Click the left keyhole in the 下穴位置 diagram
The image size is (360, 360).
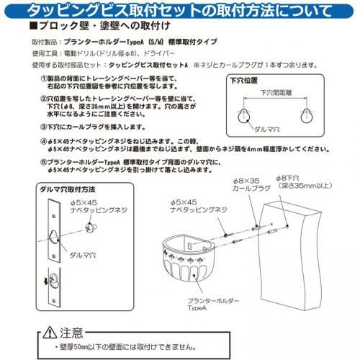click(x=244, y=117)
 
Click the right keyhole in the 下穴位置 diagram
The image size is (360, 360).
click(x=307, y=116)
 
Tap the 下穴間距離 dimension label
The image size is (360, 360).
click(x=276, y=92)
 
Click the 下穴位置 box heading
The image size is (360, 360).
click(x=244, y=81)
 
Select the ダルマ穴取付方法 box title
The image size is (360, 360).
click(x=68, y=189)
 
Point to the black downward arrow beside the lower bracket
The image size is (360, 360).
click(x=46, y=282)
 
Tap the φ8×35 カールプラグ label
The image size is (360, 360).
click(x=251, y=184)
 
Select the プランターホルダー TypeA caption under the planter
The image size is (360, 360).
click(x=213, y=305)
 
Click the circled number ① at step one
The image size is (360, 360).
click(x=44, y=78)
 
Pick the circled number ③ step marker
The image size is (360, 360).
click(x=44, y=127)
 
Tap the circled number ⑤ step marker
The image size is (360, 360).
click(x=44, y=163)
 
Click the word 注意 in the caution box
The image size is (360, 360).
click(x=71, y=333)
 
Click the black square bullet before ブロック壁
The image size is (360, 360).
click(x=32, y=26)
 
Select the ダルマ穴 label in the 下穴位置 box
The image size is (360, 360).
click(x=267, y=130)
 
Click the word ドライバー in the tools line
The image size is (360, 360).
click(x=158, y=53)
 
